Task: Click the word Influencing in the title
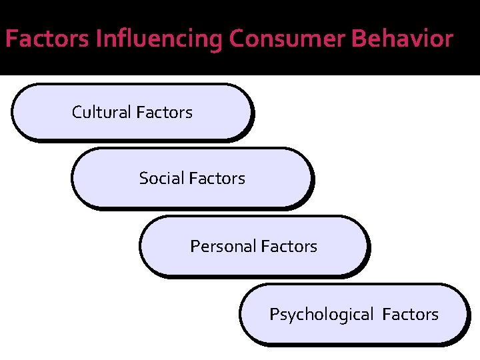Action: [x=159, y=40]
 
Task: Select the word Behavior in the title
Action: [x=402, y=40]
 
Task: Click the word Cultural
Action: [x=101, y=113]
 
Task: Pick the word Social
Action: [x=162, y=179]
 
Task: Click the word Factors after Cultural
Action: [x=164, y=113]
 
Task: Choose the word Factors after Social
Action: [x=217, y=179]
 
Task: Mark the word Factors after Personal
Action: [x=289, y=247]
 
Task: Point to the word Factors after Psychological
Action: [x=411, y=315]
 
